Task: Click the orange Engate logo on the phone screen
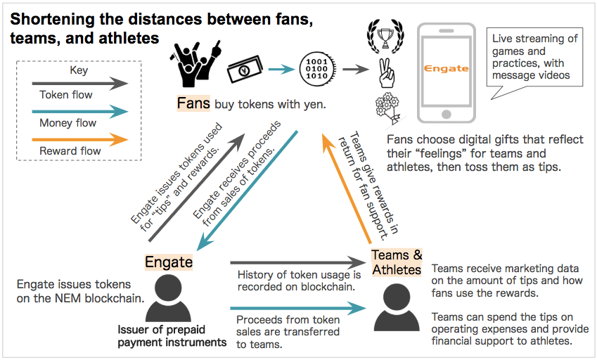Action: coord(446,68)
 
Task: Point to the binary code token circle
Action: coord(314,68)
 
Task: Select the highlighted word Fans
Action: coord(193,104)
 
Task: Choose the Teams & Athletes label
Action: coord(397,262)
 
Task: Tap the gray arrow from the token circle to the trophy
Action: coord(355,69)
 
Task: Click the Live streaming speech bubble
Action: coord(536,56)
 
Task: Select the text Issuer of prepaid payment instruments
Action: coord(172,335)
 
